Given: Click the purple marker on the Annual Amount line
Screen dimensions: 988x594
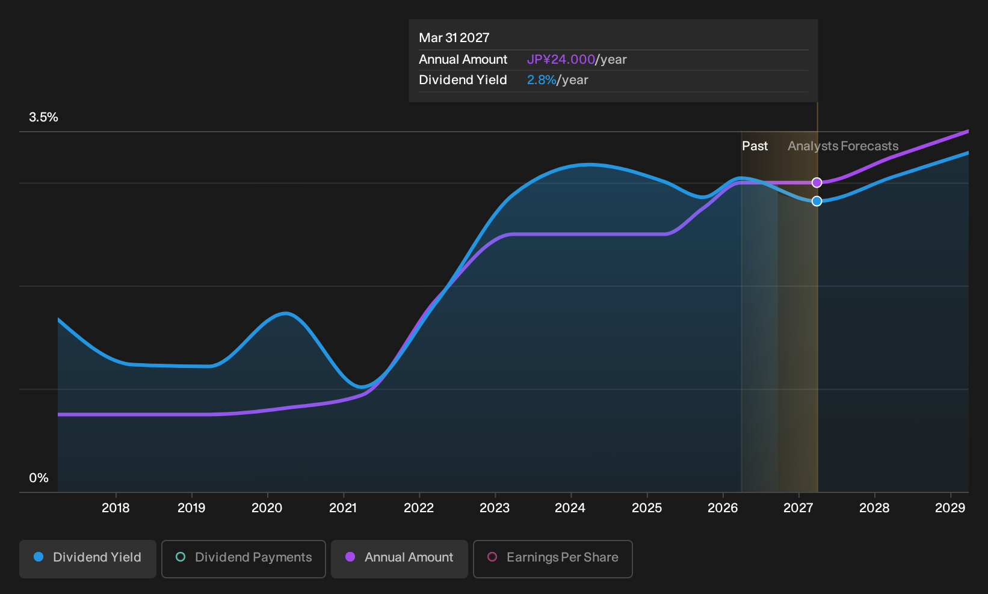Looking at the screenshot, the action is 817,182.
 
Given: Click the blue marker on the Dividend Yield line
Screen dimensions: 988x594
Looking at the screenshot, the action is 817,201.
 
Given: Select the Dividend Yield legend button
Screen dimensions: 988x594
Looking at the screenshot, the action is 88,559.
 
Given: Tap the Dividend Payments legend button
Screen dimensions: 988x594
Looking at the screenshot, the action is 244,559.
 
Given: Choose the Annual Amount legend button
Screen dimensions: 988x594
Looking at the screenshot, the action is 399,559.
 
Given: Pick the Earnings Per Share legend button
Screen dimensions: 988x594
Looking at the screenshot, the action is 552,559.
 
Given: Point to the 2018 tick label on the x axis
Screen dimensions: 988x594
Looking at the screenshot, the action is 116,508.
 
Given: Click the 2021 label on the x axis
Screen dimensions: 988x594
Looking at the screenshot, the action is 343,508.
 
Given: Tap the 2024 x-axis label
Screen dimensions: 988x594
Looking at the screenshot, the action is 570,508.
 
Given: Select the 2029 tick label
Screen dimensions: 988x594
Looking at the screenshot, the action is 951,508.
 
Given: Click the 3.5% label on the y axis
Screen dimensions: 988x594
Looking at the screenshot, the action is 44,117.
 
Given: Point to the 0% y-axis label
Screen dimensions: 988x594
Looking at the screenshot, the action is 39,478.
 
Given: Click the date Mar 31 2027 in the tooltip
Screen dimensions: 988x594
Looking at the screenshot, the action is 454,38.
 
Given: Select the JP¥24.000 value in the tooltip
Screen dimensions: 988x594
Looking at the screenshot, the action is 561,60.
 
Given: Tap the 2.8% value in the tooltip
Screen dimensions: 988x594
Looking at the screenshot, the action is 542,80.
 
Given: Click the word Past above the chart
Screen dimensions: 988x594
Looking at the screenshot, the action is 755,146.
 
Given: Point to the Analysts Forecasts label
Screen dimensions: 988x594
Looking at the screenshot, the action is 843,146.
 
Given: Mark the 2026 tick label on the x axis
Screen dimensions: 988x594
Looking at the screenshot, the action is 723,508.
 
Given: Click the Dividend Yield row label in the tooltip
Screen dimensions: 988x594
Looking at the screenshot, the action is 463,80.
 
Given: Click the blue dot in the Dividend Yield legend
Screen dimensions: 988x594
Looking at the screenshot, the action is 39,557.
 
